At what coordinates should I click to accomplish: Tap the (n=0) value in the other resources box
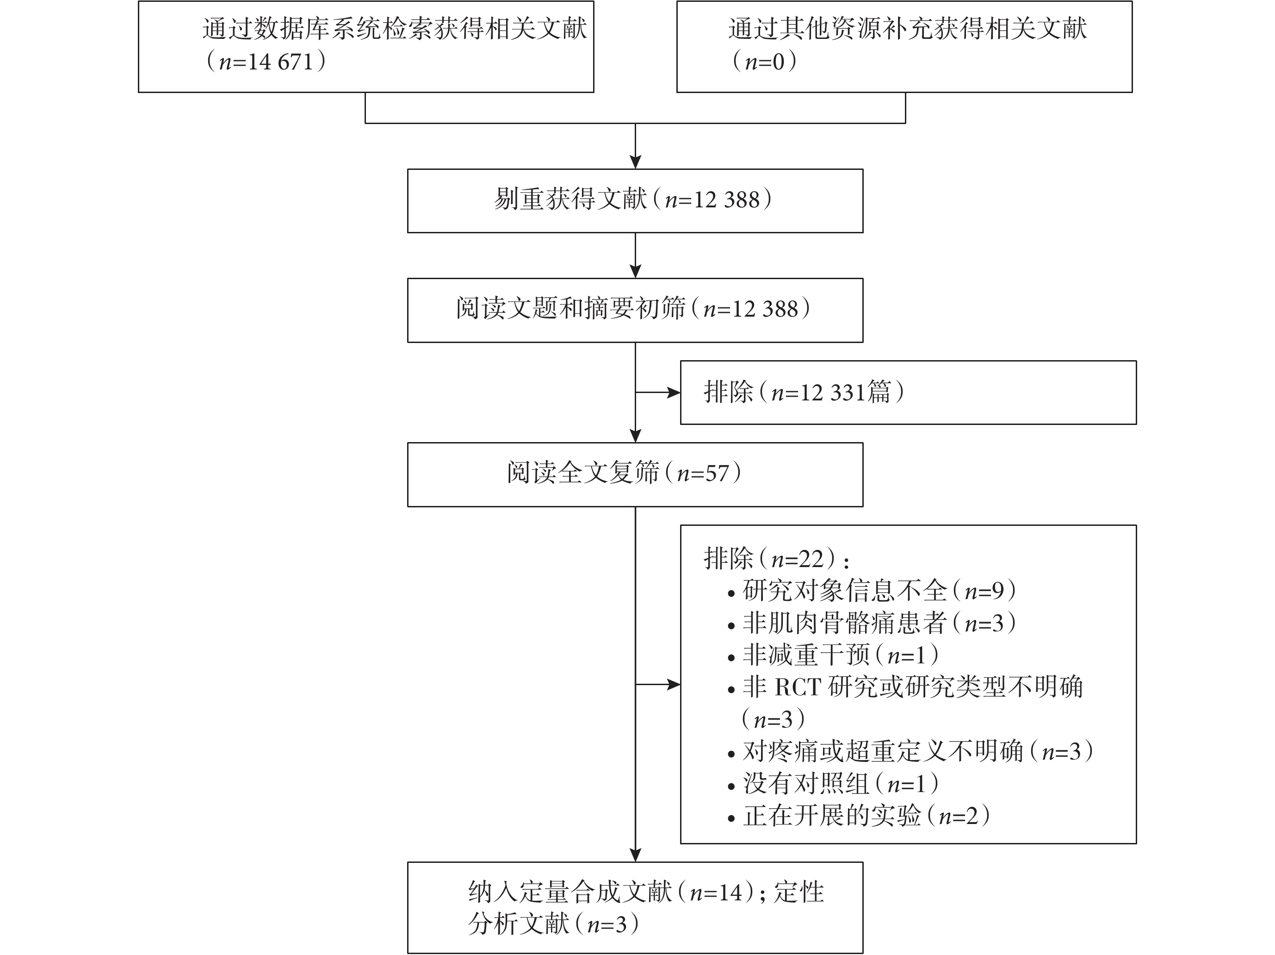click(765, 61)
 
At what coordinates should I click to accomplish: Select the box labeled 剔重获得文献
click(635, 201)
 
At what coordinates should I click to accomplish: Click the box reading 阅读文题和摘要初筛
click(635, 310)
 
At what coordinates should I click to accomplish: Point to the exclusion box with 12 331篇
click(909, 393)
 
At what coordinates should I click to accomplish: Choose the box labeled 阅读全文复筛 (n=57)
click(635, 474)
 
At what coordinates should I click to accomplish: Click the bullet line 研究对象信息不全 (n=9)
click(872, 591)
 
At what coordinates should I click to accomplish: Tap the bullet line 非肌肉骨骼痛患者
click(872, 623)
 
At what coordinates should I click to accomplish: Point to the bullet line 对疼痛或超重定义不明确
click(911, 751)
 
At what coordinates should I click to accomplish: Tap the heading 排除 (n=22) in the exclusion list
click(776, 558)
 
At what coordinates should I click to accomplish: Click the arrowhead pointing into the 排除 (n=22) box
click(674, 685)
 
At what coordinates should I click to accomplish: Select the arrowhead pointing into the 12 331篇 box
click(674, 393)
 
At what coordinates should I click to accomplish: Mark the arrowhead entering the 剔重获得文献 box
click(635, 162)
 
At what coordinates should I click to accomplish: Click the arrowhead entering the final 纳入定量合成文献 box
click(635, 855)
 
